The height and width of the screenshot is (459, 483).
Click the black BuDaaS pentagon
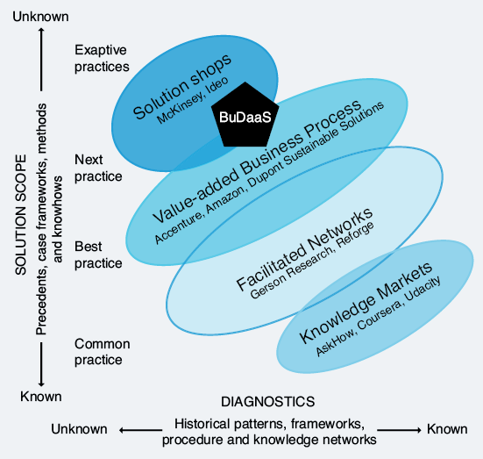245,116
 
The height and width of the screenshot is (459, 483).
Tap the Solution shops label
182,87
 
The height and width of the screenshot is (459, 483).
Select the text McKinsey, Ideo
193,100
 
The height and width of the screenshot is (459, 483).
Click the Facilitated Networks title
304,249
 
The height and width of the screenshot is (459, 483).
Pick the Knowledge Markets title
366,302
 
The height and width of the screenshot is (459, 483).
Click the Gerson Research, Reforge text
312,260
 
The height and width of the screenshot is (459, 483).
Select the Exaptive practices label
102,58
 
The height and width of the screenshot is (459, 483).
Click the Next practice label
98,169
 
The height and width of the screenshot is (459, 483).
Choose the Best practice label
98,255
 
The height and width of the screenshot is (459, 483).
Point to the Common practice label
102,352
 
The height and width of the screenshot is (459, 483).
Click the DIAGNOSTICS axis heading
268,402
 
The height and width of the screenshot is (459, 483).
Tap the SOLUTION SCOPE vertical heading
21,215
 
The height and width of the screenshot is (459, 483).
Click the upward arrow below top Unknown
41,59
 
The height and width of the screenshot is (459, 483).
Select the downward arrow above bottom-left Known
41,364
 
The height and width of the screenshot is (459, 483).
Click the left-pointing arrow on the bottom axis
140,430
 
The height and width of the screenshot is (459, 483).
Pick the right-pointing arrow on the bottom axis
399,430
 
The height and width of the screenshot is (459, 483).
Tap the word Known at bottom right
447,429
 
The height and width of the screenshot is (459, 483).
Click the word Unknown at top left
40,17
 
